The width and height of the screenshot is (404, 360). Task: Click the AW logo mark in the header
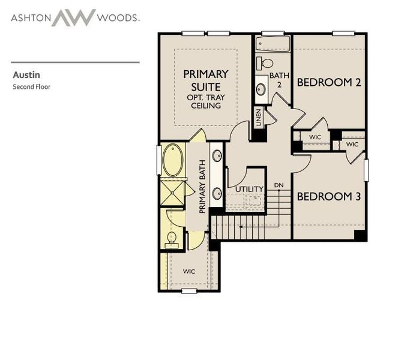[73, 17]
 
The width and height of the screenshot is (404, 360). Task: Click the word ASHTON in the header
[29, 17]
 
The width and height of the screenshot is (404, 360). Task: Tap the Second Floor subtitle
[32, 87]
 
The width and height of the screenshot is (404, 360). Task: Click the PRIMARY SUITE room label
[206, 80]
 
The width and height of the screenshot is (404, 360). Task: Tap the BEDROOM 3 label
[329, 196]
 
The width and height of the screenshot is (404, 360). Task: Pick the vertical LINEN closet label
[258, 117]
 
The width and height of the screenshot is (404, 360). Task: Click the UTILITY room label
[249, 189]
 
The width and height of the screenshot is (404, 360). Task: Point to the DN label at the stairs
[279, 185]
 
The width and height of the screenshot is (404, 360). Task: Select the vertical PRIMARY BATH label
[203, 186]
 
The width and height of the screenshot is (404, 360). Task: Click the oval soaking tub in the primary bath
[173, 160]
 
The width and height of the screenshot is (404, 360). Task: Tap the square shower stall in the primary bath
[173, 192]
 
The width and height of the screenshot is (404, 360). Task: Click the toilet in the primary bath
[171, 238]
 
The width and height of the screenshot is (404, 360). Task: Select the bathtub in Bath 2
[273, 44]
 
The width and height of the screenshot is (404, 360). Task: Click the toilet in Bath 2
[266, 62]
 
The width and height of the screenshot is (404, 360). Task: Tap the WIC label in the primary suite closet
[189, 271]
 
